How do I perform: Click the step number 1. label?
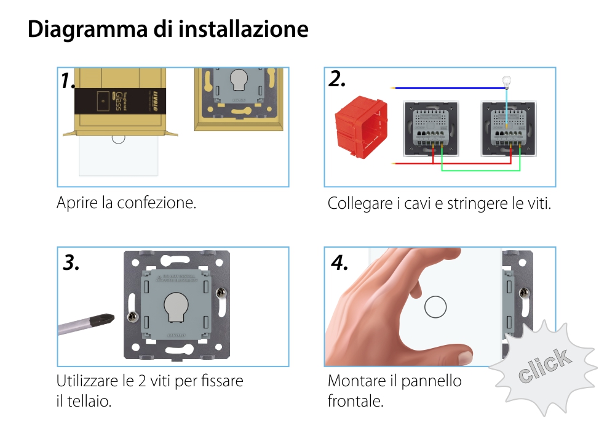pyautogui.click(x=68, y=81)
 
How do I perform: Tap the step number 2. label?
pyautogui.click(x=337, y=79)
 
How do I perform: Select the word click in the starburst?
pyautogui.click(x=543, y=366)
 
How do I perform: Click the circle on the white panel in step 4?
pyautogui.click(x=436, y=307)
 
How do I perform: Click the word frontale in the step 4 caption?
pyautogui.click(x=355, y=402)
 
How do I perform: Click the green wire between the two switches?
pyautogui.click(x=480, y=170)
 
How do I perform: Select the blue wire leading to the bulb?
pyautogui.click(x=449, y=87)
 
